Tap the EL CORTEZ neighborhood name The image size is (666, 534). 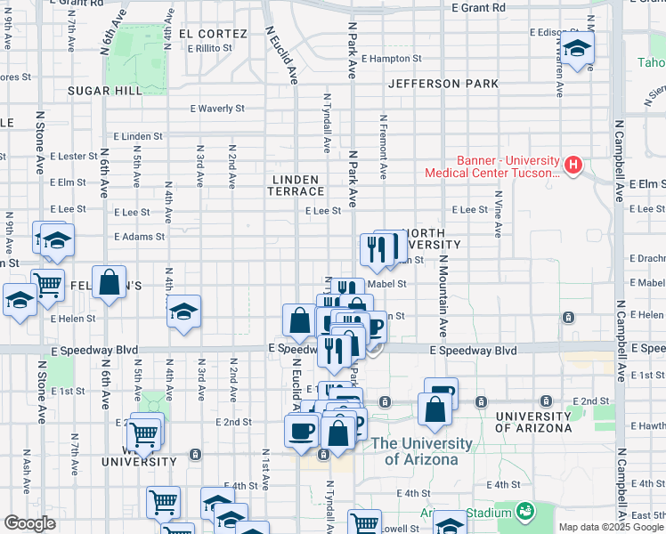pyautogui.click(x=213, y=34)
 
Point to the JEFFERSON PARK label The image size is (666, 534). pyautogui.click(x=443, y=84)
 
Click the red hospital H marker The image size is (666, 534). pyautogui.click(x=573, y=165)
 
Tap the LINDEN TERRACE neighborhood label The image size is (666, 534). pyautogui.click(x=297, y=185)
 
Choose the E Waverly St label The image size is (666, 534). pyautogui.click(x=217, y=109)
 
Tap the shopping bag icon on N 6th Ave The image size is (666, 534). pyautogui.click(x=109, y=283)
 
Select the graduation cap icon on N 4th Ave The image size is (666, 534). pyautogui.click(x=184, y=311)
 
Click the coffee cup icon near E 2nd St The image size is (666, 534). pyautogui.click(x=302, y=430)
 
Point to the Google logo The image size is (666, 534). pyautogui.click(x=29, y=523)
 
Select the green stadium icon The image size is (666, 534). pyautogui.click(x=525, y=511)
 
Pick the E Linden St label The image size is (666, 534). pyautogui.click(x=138, y=137)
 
